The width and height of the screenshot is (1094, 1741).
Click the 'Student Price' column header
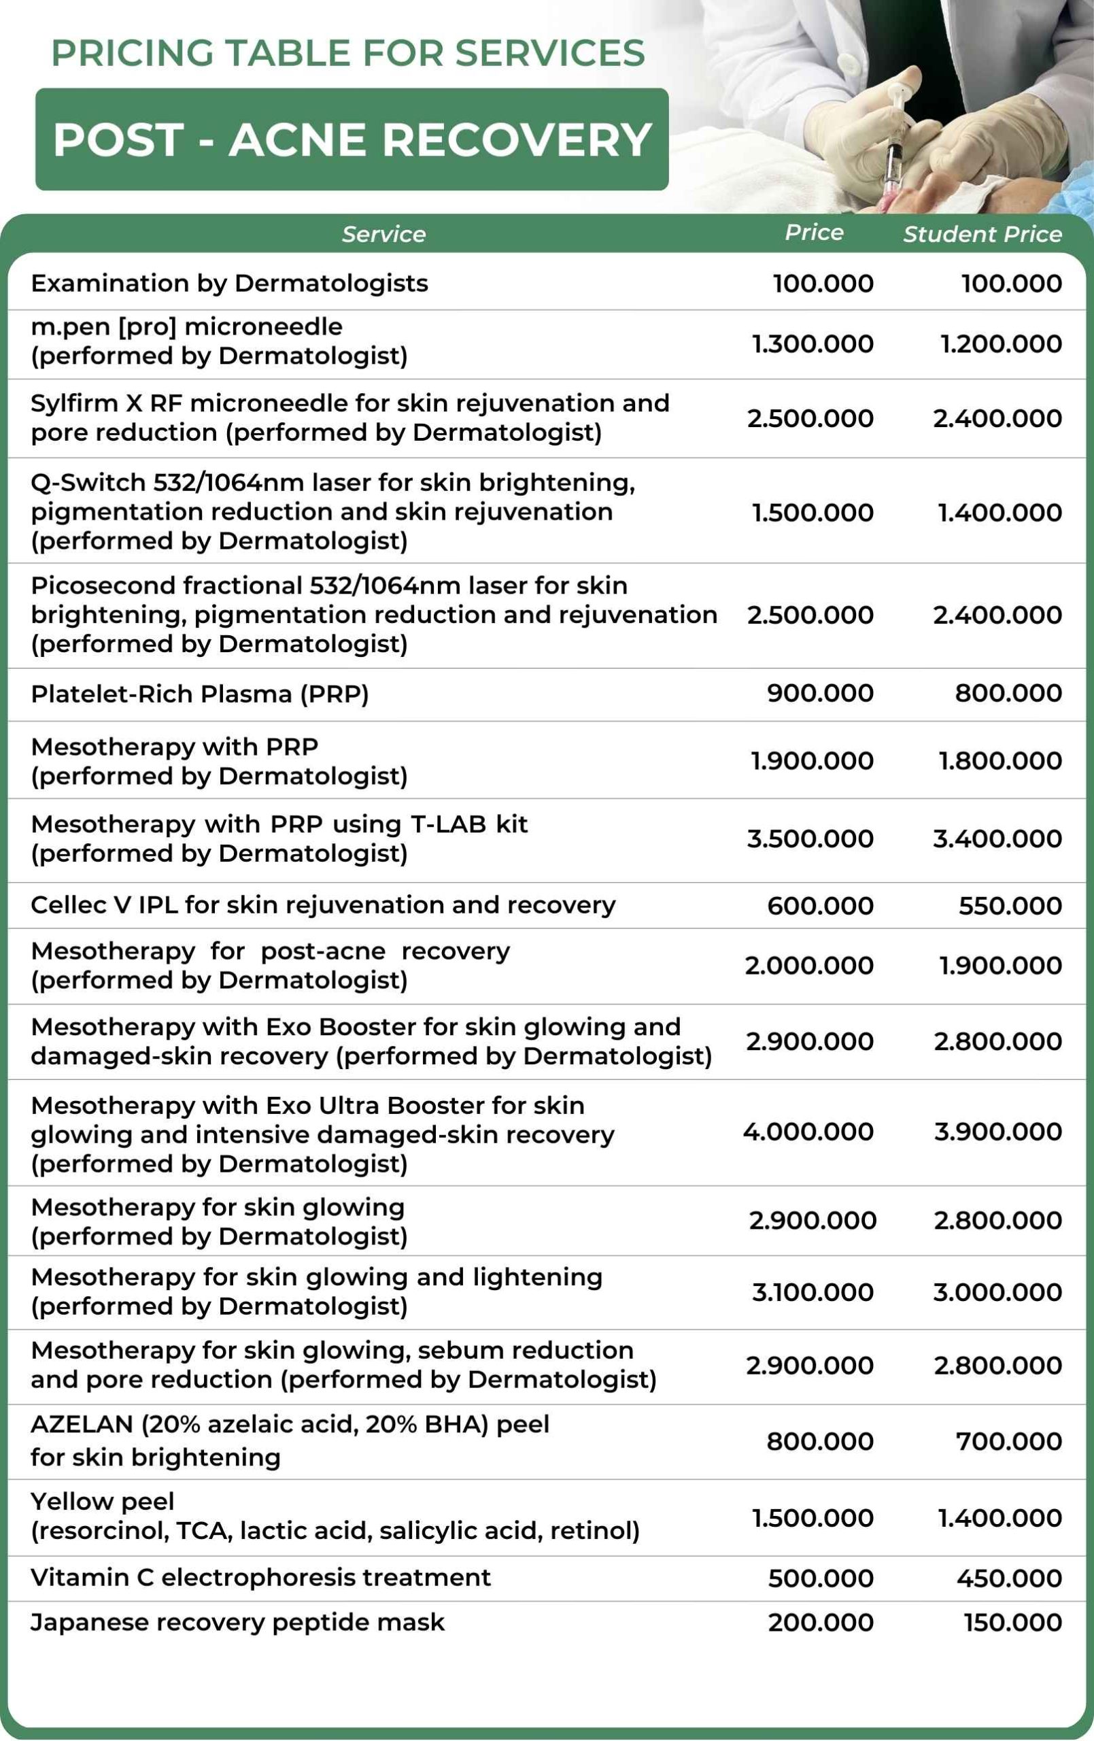tap(982, 234)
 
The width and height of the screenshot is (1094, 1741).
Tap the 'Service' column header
tap(383, 234)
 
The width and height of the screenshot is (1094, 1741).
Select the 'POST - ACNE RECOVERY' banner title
tap(352, 139)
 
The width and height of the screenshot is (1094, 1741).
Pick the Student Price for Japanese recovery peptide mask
tap(1012, 1623)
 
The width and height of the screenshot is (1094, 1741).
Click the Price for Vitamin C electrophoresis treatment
tap(820, 1578)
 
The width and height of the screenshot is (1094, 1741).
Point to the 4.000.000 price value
tap(808, 1132)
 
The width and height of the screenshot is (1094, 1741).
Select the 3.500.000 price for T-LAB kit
tap(810, 839)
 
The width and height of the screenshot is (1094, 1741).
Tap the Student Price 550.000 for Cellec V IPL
tap(1010, 906)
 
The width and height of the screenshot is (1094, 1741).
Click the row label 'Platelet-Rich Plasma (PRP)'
tap(200, 694)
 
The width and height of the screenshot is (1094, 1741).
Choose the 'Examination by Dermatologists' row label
tap(229, 284)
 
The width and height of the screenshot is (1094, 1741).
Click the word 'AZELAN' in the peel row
tap(82, 1424)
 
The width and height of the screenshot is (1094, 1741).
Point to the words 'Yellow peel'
tap(102, 1502)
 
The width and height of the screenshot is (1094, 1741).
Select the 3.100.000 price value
tap(812, 1292)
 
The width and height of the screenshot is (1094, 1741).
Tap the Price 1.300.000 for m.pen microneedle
tap(812, 344)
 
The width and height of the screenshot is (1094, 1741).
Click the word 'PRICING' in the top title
tap(133, 53)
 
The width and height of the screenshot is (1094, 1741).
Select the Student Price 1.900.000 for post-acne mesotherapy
tap(1000, 966)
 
